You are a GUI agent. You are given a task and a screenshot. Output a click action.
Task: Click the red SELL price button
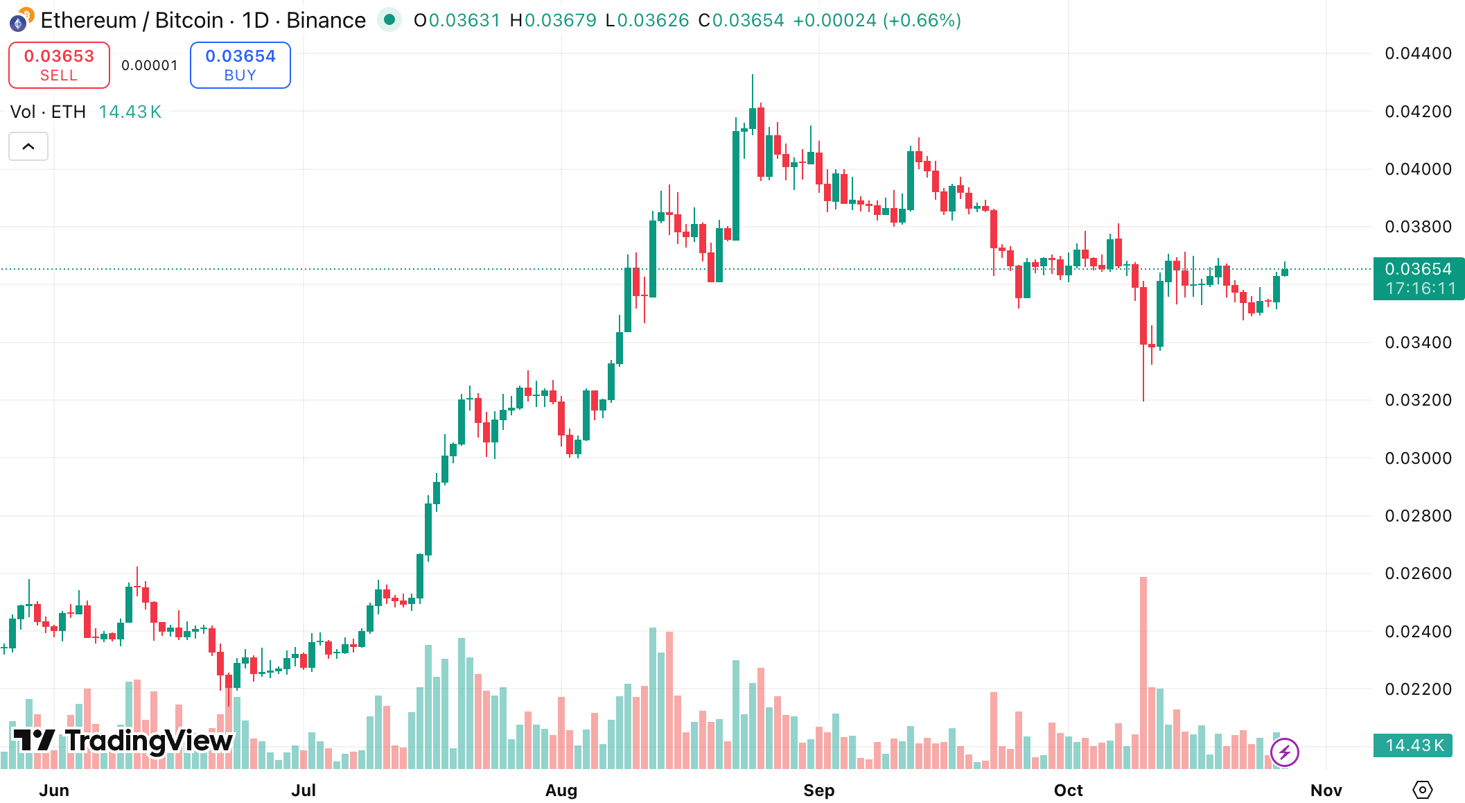[x=59, y=65]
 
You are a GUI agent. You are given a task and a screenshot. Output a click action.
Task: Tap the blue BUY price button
[x=240, y=65]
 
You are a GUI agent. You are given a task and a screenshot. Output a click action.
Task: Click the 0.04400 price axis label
[x=1417, y=53]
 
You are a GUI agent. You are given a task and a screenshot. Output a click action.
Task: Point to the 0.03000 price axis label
[x=1417, y=458]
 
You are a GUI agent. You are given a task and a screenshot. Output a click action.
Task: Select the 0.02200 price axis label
[x=1417, y=689]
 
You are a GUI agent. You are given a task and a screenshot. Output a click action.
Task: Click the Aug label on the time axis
[x=561, y=790]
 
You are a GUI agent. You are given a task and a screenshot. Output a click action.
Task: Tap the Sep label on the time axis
[x=818, y=790]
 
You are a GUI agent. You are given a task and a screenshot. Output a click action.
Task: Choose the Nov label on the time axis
[x=1326, y=790]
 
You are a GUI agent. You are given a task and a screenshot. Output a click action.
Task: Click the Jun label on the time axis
[x=54, y=790]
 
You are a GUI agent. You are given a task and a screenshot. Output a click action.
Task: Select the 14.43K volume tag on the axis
[x=1413, y=745]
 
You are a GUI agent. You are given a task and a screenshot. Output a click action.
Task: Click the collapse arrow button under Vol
[x=28, y=146]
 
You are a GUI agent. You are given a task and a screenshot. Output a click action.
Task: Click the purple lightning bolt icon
[x=1284, y=752]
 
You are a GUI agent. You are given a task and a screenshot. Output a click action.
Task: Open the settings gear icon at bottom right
[x=1422, y=789]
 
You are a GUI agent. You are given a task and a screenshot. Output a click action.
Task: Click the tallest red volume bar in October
[x=1143, y=673]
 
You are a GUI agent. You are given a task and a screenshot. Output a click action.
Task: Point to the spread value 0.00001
[x=150, y=65]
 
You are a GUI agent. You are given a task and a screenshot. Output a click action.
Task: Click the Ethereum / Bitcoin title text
[x=132, y=20]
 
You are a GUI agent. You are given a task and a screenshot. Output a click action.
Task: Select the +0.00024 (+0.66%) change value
[x=877, y=20]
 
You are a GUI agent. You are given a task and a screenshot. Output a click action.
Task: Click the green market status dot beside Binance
[x=389, y=20]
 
